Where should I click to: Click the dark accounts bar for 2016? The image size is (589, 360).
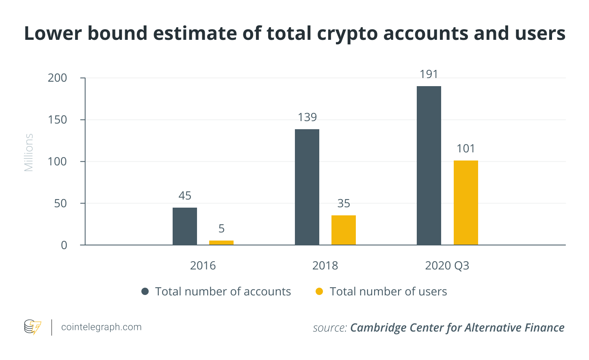[185, 226]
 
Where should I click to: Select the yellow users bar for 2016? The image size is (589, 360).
[221, 243]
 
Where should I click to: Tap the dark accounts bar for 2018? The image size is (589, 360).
[307, 187]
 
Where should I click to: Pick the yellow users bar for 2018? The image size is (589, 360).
[344, 230]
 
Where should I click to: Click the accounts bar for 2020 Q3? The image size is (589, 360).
[429, 165]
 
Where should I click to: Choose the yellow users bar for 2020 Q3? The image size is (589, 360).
[466, 203]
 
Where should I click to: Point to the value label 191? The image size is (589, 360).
[429, 74]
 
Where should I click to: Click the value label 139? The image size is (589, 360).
[307, 117]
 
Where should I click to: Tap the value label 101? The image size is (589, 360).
[466, 149]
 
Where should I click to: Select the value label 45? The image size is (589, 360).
[185, 196]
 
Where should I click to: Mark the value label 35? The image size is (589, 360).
[344, 204]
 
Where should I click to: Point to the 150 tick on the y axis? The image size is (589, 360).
[57, 120]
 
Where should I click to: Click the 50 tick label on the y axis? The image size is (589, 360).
[61, 203]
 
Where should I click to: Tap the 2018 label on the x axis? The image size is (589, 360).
[325, 266]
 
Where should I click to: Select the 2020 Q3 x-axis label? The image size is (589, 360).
[447, 266]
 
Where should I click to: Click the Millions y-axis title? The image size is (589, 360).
[28, 153]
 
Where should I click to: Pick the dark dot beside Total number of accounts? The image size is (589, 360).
[145, 291]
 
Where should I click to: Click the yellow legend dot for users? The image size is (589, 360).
[319, 291]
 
